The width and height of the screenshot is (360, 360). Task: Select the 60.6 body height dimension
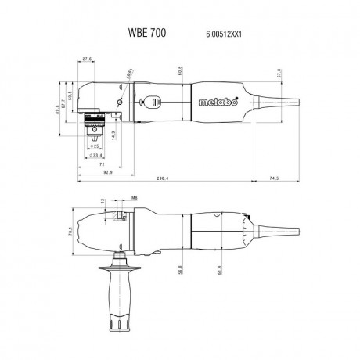pyautogui.click(x=180, y=71)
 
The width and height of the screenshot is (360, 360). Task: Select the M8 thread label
pyautogui.click(x=135, y=199)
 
